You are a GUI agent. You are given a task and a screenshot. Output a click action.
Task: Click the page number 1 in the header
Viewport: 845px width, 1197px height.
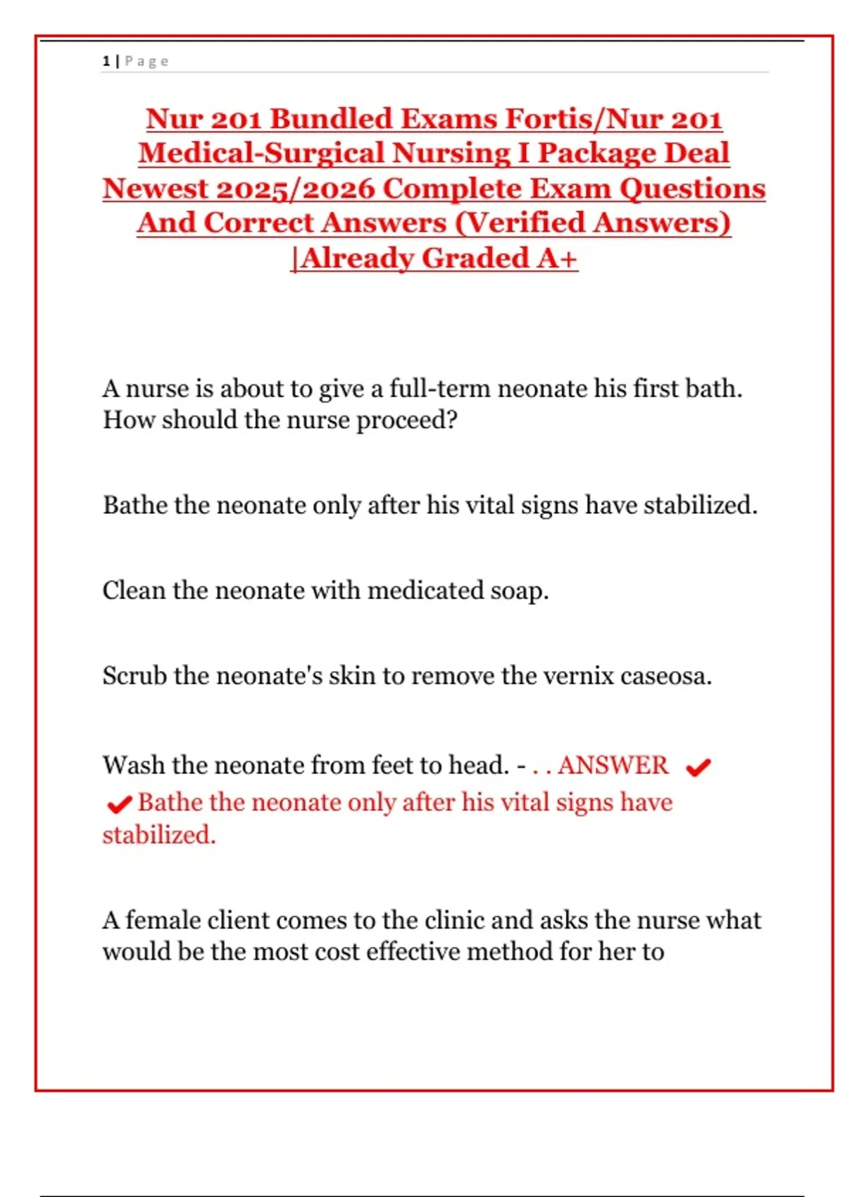coord(106,61)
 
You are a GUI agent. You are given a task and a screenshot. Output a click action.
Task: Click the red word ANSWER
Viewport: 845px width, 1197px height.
coord(613,765)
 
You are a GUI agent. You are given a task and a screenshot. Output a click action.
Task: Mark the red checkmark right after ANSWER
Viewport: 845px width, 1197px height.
coord(698,767)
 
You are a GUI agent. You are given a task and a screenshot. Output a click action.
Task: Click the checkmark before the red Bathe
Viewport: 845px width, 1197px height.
coord(119,803)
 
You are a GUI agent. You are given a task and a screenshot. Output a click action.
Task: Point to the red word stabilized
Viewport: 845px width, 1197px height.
coord(159,835)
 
